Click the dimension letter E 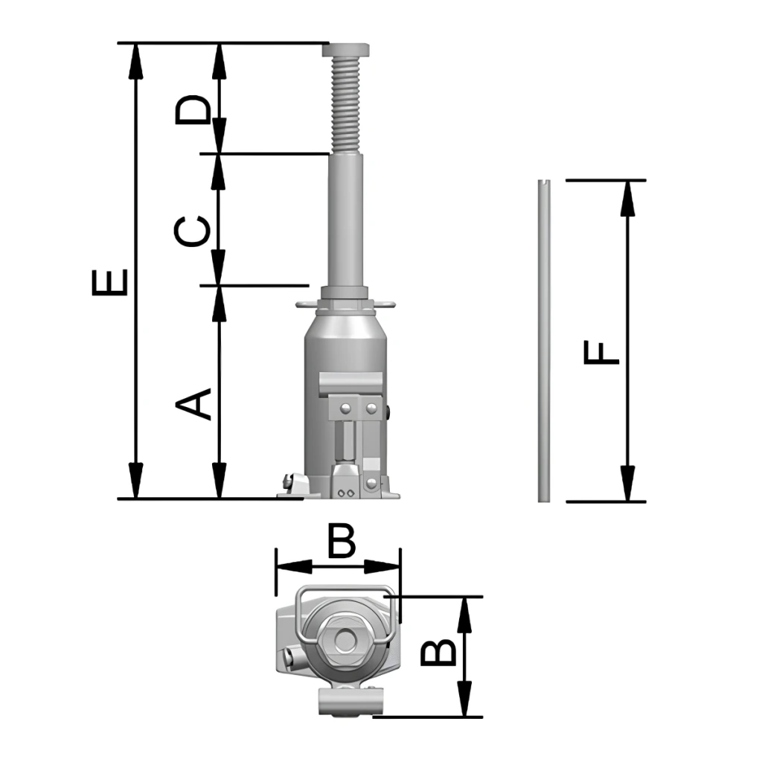click(110, 282)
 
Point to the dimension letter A click(193, 403)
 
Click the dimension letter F click(601, 353)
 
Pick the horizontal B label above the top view click(342, 540)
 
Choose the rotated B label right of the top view click(438, 651)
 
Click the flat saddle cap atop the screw click(345, 50)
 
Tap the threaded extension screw click(345, 104)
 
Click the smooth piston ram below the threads click(346, 220)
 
